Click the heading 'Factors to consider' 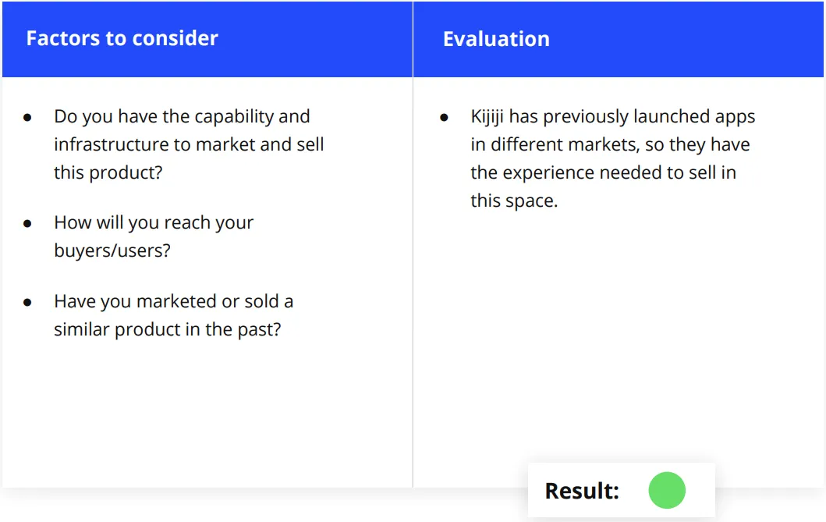coord(122,38)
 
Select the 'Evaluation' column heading coord(496,39)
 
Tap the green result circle coord(667,490)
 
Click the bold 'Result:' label coord(582,491)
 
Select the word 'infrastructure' coord(114,144)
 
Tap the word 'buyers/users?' coord(112,250)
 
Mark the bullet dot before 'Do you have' coord(27,118)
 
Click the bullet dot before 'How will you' coord(27,224)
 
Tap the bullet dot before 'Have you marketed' coord(27,302)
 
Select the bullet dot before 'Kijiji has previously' coord(444,118)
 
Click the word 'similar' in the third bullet coord(81,330)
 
